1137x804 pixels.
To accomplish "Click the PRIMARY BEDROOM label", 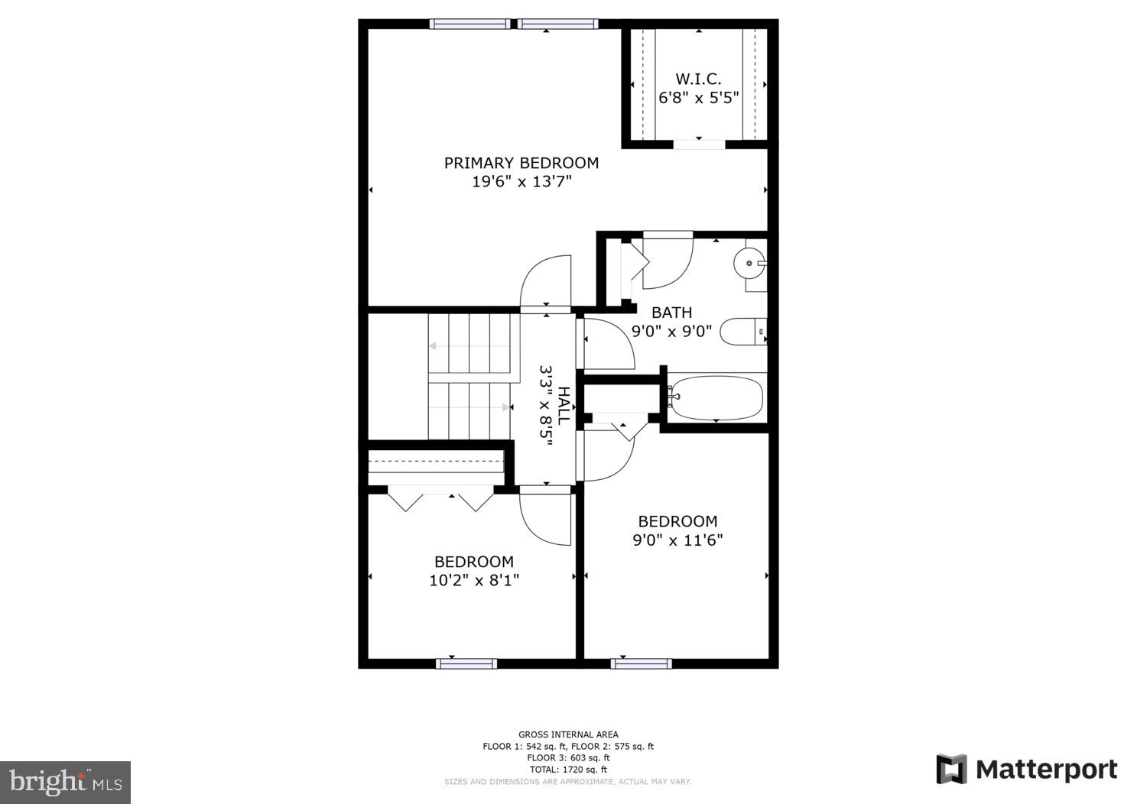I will [521, 163].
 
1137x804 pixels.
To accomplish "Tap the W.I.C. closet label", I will [698, 79].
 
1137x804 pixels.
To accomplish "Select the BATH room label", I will [671, 313].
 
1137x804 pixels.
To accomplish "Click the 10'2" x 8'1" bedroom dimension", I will [474, 581].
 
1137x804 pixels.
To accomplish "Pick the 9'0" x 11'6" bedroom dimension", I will [677, 540].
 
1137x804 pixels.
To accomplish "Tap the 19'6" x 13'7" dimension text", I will [521, 182].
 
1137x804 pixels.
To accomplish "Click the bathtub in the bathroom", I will [716, 397].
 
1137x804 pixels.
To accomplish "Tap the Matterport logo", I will [1026, 769].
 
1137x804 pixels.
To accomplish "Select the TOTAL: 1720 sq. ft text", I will [568, 770].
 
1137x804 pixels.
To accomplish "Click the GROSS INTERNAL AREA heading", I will [568, 734].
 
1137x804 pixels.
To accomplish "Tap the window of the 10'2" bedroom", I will [466, 663].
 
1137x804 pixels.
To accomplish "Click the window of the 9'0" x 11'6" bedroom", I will [641, 663].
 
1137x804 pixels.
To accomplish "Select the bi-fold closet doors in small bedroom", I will [441, 499].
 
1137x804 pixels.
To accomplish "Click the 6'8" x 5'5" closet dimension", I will [698, 98].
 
